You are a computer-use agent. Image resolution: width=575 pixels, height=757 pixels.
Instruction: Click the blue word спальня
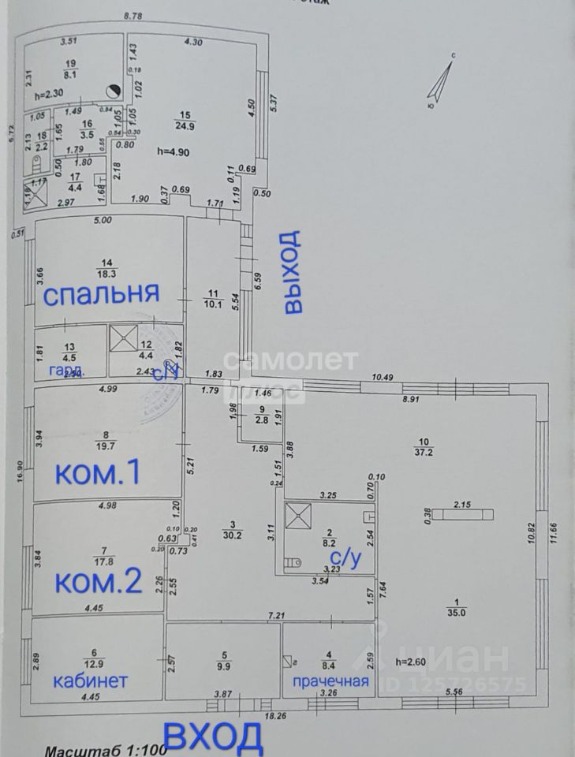(x=101, y=295)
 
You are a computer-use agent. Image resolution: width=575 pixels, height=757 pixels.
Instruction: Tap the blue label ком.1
(x=98, y=473)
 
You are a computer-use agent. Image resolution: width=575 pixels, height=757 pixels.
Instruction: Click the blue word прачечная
(x=331, y=681)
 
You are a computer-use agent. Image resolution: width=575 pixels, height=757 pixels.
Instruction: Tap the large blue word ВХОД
(x=215, y=738)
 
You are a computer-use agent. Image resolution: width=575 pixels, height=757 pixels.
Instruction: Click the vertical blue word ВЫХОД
(x=293, y=272)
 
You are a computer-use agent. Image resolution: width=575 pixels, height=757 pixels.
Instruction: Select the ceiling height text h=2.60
(x=412, y=662)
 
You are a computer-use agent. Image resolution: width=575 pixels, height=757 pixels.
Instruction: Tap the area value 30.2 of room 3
(x=232, y=534)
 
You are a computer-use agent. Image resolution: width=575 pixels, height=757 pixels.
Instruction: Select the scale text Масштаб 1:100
(x=106, y=749)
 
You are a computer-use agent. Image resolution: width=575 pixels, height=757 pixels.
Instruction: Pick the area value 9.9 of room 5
(x=225, y=664)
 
